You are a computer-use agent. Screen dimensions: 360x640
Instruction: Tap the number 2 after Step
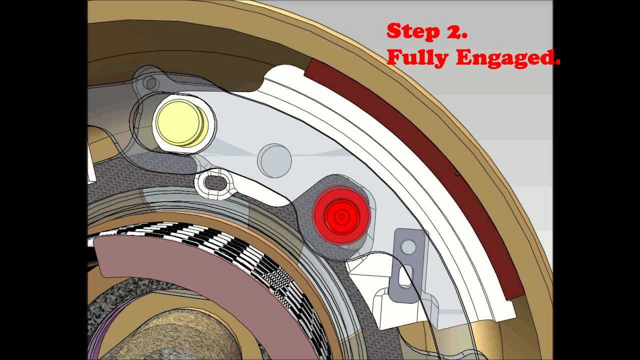click(x=455, y=31)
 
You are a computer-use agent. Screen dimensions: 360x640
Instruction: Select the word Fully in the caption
click(x=417, y=58)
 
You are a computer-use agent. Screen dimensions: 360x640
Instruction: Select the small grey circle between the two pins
click(x=274, y=160)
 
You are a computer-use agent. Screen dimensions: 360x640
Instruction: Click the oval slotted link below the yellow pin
click(x=215, y=183)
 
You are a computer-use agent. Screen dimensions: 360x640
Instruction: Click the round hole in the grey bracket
click(x=408, y=246)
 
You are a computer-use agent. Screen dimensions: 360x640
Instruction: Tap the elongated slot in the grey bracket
click(x=405, y=276)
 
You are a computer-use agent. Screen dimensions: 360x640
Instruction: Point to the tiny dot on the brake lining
click(x=457, y=174)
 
